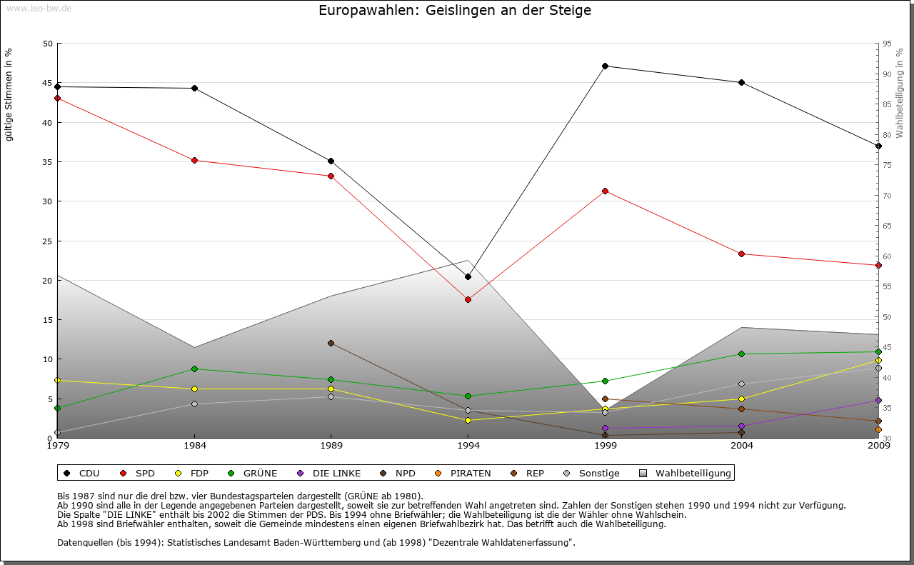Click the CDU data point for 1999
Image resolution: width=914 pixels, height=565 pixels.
tap(605, 66)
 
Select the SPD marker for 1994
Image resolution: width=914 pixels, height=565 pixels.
tap(468, 299)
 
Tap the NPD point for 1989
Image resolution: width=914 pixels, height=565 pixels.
tap(331, 343)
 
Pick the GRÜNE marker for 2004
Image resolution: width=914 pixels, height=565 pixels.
tap(742, 354)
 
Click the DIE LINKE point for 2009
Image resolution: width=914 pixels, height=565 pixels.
tap(878, 400)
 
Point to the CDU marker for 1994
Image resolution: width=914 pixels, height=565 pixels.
tap(468, 276)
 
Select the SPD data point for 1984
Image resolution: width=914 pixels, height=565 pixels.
tap(194, 160)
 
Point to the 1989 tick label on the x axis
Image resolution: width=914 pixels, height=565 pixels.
tap(331, 446)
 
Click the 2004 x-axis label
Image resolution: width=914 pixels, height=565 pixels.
tap(742, 446)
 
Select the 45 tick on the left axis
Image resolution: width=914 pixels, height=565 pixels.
tap(48, 83)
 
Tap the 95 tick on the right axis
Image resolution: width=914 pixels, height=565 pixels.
tap(887, 44)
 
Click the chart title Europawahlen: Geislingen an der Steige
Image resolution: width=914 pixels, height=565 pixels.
tap(455, 11)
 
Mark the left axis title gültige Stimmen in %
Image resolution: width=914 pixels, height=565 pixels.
tap(9, 95)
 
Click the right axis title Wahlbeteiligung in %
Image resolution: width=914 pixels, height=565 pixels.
tap(900, 94)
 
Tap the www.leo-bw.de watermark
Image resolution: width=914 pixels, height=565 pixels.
tap(39, 8)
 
